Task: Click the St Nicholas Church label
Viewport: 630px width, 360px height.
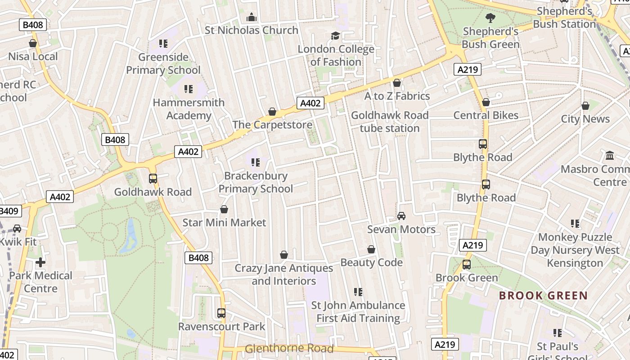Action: coord(251,30)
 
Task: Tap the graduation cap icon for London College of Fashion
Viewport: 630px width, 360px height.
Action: coord(335,36)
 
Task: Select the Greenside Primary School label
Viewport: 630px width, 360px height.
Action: coord(163,63)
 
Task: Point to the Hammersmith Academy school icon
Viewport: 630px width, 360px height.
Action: coord(188,89)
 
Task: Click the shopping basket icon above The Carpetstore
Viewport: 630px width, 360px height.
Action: coord(272,112)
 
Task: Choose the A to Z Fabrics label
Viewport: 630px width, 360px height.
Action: coord(397,96)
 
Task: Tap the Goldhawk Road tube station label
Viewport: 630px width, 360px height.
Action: coord(390,121)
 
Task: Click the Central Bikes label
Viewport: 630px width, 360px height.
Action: coord(486,115)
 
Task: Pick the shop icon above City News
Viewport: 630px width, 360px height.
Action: coord(585,106)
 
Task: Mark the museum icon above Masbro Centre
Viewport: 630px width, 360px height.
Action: coord(610,156)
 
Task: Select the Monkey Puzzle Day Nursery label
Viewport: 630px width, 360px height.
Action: coord(575,250)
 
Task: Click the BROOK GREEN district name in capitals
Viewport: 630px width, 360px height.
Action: coord(543,296)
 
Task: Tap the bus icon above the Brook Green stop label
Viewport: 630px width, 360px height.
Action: coord(467,265)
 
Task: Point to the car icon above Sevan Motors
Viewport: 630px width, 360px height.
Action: coord(401,216)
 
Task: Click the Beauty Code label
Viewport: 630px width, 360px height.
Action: coord(371,262)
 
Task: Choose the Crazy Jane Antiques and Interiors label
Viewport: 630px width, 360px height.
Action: coord(283,274)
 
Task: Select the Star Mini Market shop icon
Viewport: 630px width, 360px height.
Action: coord(224,210)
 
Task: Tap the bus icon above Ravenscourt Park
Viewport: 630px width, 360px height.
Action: coord(221,313)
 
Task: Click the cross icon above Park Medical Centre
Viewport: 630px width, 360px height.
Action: coord(40,262)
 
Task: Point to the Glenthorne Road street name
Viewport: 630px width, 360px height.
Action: coord(289,348)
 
